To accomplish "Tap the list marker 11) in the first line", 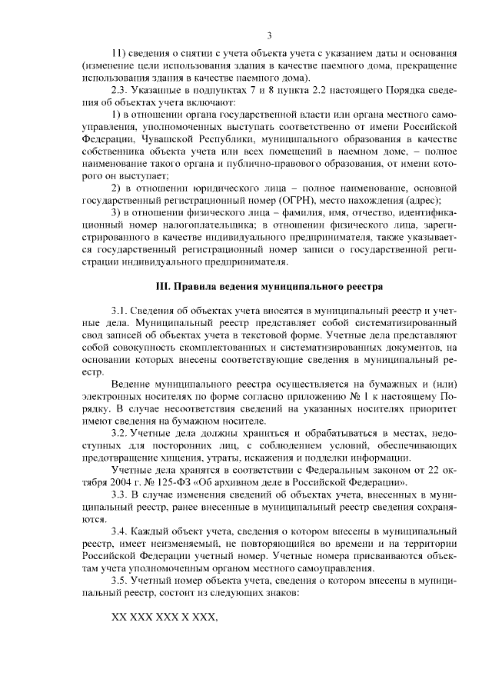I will [x=119, y=54].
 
